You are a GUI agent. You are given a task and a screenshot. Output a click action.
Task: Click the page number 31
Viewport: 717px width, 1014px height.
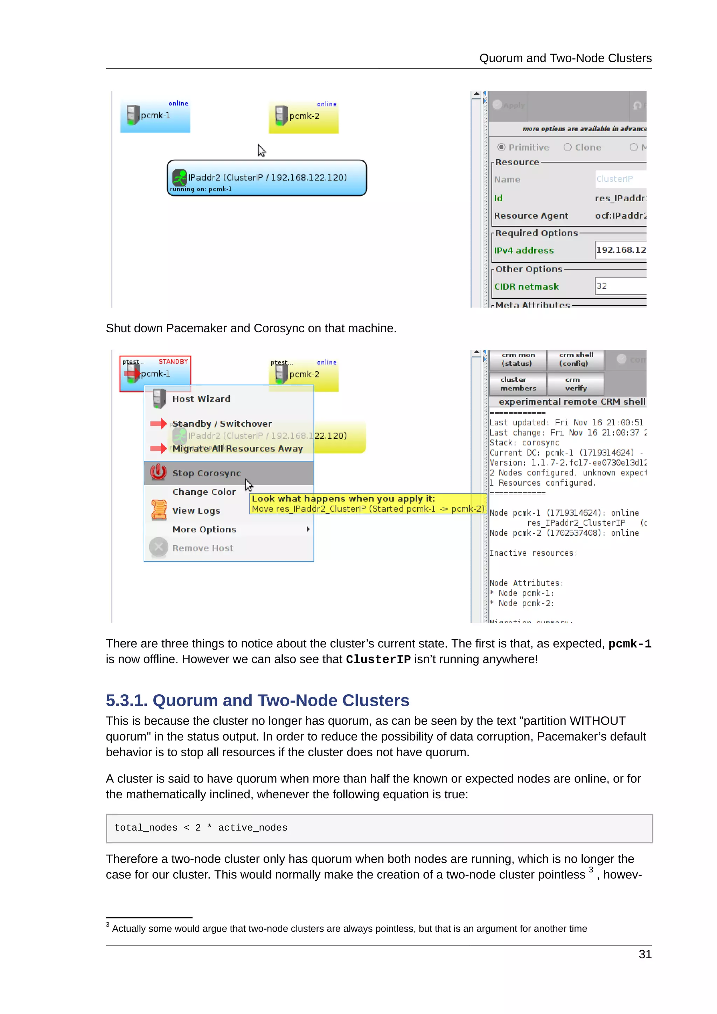645,954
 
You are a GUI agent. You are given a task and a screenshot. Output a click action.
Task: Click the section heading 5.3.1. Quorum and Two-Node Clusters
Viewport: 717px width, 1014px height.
257,700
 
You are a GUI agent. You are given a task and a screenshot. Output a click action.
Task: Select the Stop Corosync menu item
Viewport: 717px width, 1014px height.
206,473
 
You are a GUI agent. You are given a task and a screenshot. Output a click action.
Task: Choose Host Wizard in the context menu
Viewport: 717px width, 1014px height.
201,399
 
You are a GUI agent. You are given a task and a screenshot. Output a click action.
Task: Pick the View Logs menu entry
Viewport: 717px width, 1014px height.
196,511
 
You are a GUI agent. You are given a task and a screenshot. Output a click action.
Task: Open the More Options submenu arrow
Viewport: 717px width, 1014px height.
308,529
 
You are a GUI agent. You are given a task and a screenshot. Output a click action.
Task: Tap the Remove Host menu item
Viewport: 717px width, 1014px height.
203,548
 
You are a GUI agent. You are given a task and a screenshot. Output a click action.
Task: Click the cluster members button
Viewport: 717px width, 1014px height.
518,384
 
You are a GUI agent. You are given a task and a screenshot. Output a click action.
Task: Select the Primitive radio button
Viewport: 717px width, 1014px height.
501,147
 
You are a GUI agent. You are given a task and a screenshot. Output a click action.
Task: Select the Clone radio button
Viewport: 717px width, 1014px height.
567,147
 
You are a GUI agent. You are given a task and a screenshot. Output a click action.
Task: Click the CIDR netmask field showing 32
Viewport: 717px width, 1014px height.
620,286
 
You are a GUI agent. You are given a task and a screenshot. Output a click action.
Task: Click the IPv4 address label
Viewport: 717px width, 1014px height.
524,250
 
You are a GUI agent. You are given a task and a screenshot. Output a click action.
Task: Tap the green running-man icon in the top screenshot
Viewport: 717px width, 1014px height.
180,178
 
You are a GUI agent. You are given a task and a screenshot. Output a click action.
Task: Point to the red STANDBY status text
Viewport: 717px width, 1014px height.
173,361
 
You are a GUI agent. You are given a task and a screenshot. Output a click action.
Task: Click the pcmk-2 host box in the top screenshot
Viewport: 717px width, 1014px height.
304,117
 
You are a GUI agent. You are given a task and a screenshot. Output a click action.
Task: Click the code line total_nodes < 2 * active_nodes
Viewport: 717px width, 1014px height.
201,828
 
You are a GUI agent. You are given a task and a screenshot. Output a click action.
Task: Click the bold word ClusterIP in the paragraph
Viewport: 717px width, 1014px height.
378,659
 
